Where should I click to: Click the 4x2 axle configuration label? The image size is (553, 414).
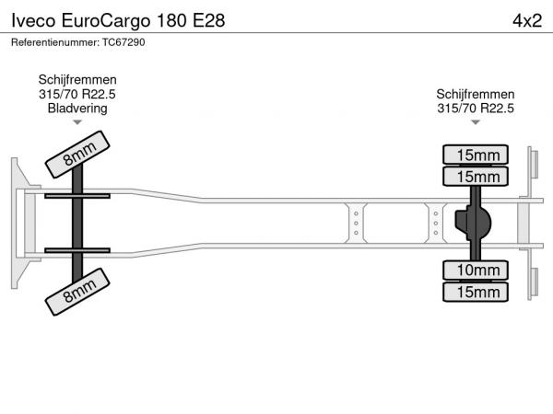[x=527, y=21]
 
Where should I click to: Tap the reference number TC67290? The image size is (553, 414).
[x=124, y=42]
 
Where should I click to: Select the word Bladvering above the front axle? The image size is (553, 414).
[x=77, y=109]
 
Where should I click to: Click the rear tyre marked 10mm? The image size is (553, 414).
[x=475, y=270]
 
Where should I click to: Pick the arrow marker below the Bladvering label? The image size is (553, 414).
[x=77, y=122]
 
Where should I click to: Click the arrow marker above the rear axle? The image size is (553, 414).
[x=476, y=122]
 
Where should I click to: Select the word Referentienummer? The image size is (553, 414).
[x=55, y=42]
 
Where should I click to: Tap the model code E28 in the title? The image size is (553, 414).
[x=208, y=21]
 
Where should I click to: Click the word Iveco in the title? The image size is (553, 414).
[x=33, y=21]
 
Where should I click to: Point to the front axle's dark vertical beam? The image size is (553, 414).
[x=77, y=224]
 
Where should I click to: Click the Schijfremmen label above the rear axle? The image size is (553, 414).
[x=475, y=95]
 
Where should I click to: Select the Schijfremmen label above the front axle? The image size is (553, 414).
[x=77, y=80]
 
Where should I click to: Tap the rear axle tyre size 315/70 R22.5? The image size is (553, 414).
[x=476, y=109]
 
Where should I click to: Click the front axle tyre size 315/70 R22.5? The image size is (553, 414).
[x=77, y=95]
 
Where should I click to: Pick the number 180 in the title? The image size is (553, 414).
[x=171, y=21]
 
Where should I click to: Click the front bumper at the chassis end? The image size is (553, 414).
[x=25, y=224]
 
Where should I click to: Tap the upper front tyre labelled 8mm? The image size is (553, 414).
[x=77, y=155]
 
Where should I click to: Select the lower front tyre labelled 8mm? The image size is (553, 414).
[x=77, y=292]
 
